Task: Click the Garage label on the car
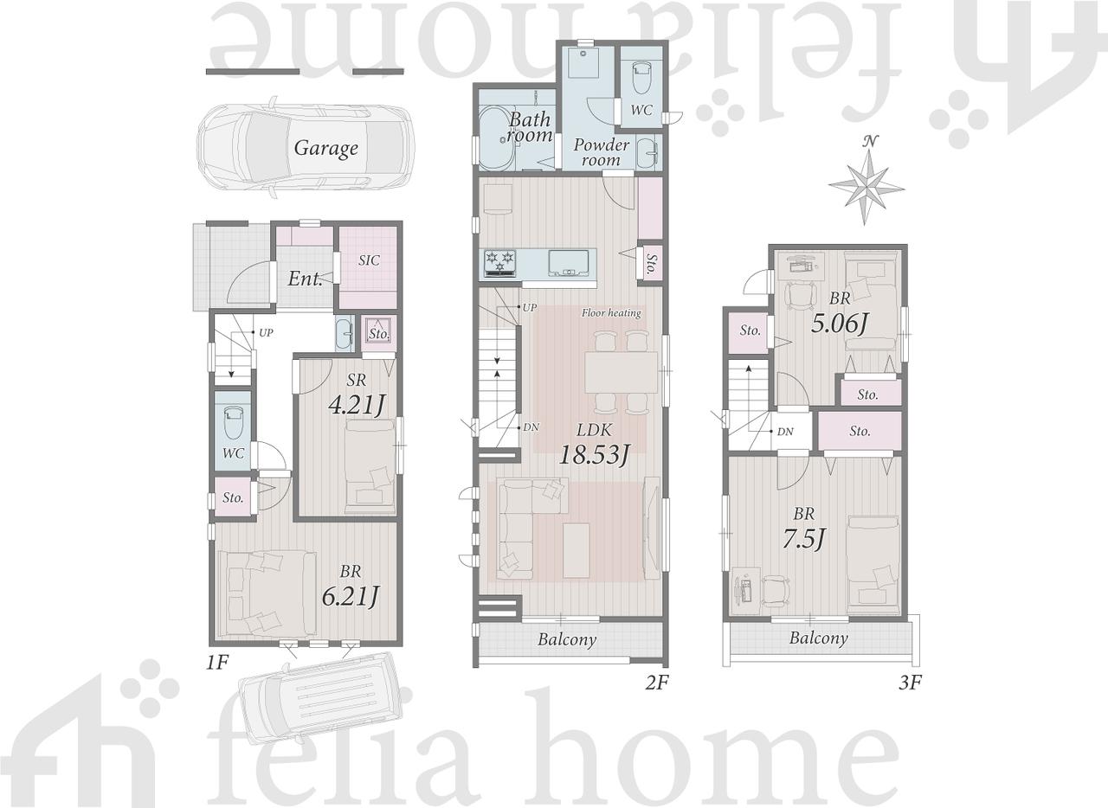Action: [326, 148]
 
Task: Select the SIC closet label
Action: [369, 260]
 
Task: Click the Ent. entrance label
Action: [305, 279]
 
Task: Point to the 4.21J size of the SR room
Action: [356, 406]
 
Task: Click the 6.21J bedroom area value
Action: [350, 596]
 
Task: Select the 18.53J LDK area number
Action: [594, 454]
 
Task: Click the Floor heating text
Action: [611, 313]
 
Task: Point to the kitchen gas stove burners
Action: [500, 263]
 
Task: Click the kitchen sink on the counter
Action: [569, 263]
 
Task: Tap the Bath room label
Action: [530, 127]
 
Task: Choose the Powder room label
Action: [601, 152]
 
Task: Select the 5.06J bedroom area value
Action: [839, 324]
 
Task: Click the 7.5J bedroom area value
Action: [804, 538]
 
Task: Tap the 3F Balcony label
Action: [819, 638]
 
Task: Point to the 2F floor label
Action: [657, 683]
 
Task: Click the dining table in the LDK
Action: [622, 372]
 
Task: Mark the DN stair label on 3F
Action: [785, 432]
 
